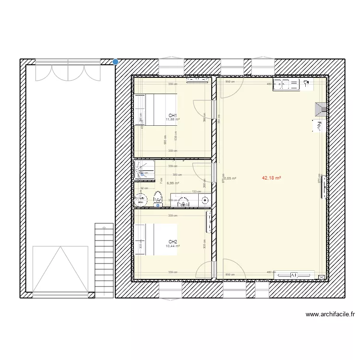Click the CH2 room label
tap(173, 241)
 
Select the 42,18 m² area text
tap(271, 178)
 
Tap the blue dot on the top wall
tap(116, 61)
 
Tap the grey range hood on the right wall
tap(320, 110)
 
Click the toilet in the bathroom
tap(157, 198)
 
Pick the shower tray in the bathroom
tap(144, 169)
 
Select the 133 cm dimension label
tap(196, 192)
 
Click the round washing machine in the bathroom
tap(141, 199)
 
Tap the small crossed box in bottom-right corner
tap(321, 277)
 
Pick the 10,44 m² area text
tap(173, 246)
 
